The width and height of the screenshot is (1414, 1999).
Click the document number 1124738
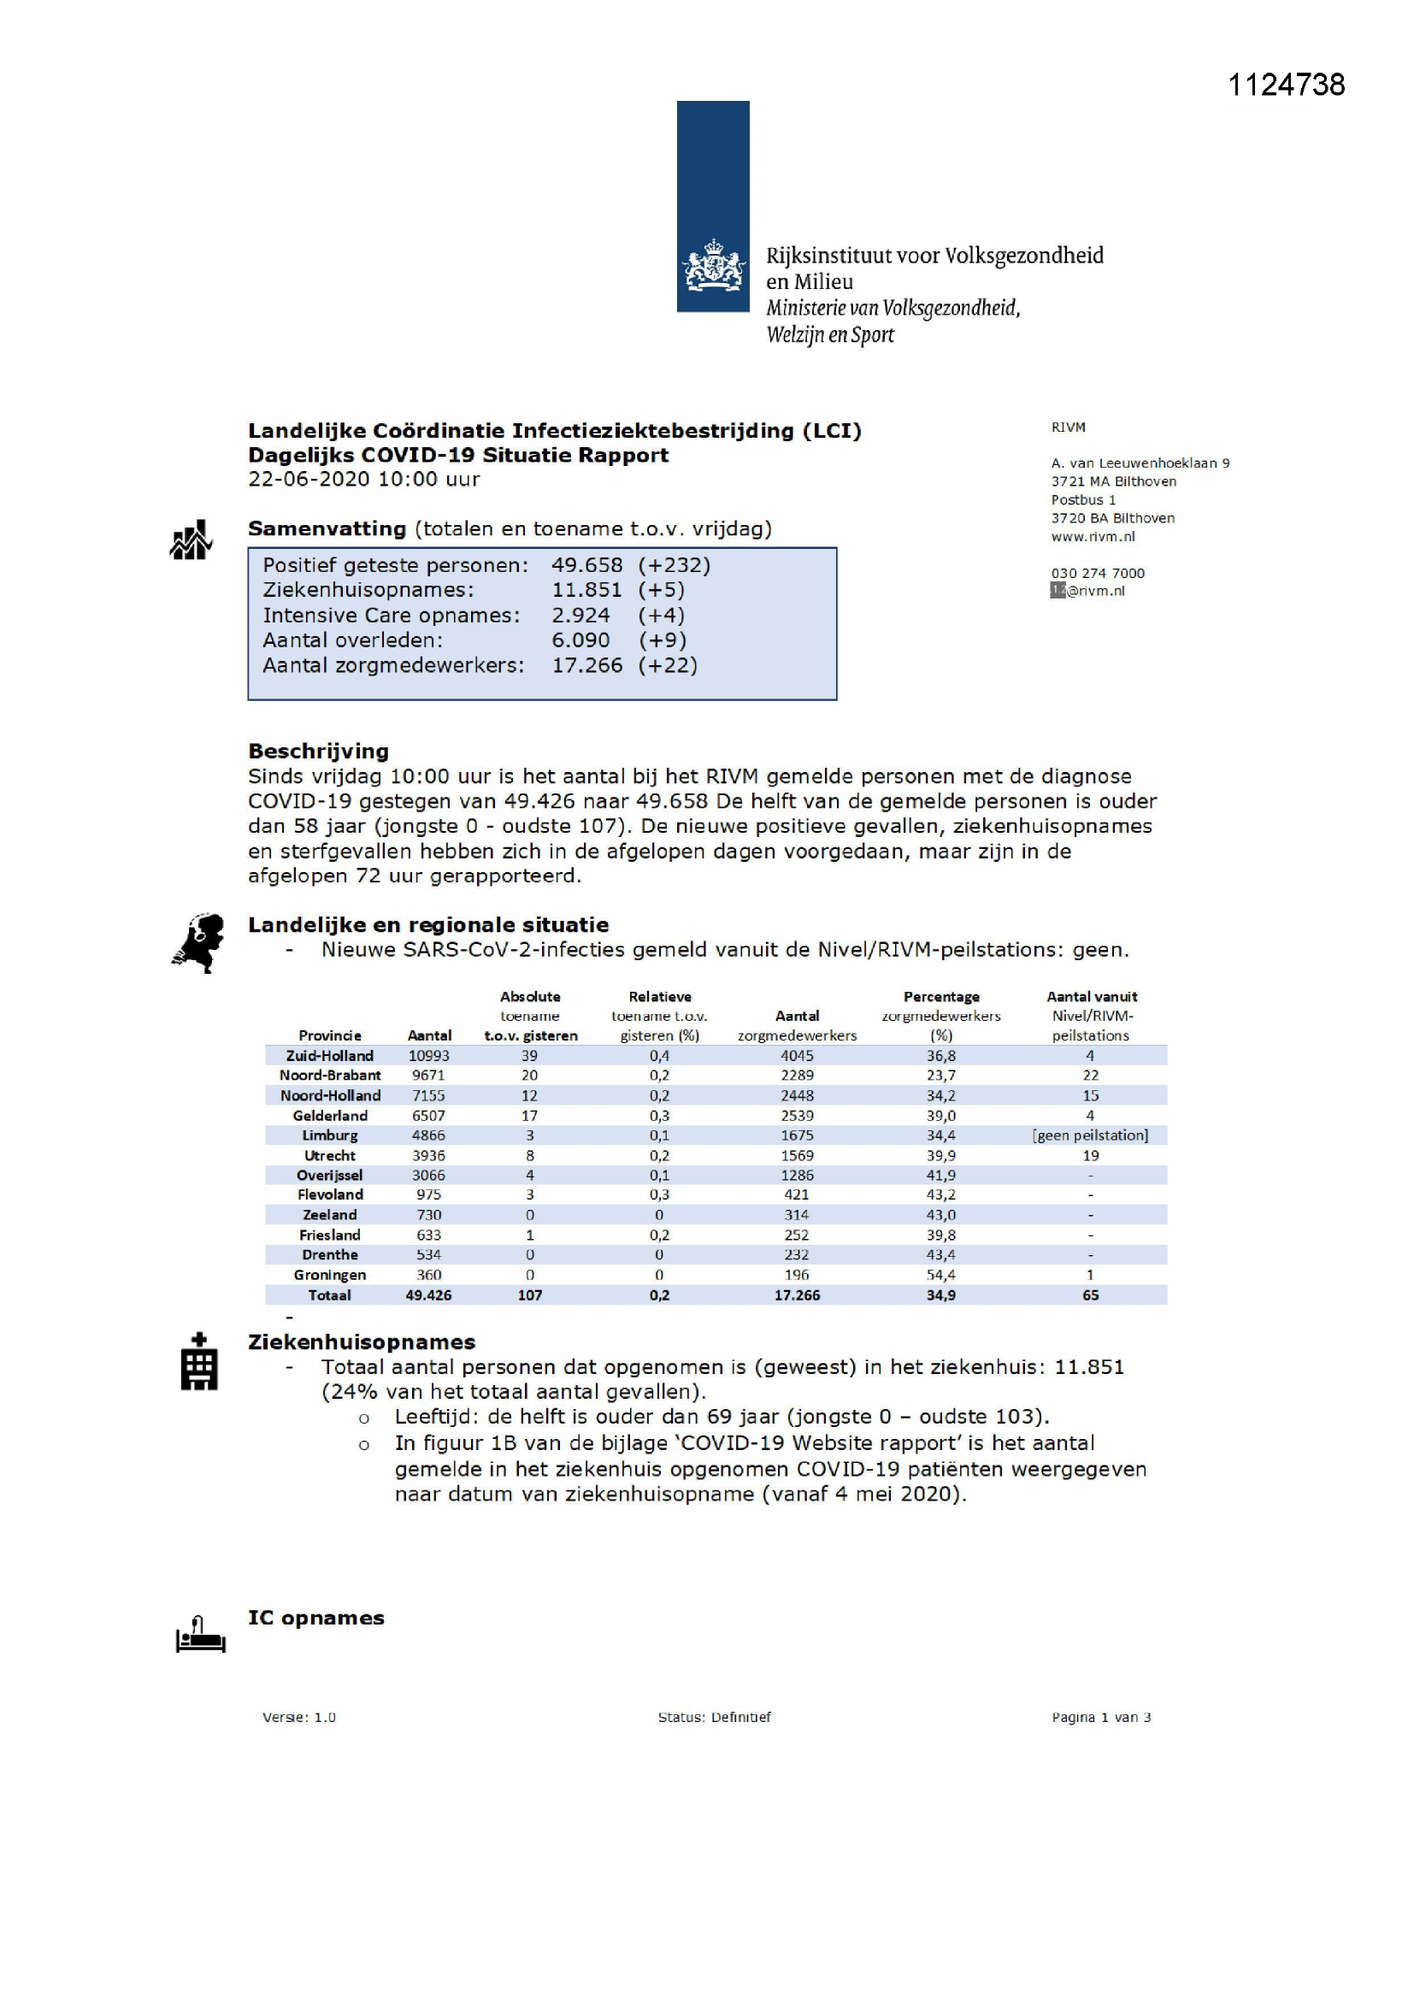tap(1285, 85)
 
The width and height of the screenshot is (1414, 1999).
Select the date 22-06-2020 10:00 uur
tap(363, 480)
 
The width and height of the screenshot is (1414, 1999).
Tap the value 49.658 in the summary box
tap(586, 565)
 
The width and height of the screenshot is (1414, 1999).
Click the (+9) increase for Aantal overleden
tap(662, 640)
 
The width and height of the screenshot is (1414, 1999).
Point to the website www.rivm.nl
tap(1093, 536)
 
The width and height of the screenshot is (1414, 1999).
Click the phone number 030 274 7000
tap(1097, 573)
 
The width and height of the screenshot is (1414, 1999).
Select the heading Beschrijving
tap(318, 751)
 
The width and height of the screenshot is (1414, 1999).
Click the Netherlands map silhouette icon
tap(198, 943)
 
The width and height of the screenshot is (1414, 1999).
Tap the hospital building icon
tap(198, 1362)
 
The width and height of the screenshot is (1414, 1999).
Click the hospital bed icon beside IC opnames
tap(200, 1634)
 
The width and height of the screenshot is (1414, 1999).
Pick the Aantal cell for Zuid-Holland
tap(428, 1055)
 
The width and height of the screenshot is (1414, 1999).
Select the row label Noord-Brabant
tap(330, 1076)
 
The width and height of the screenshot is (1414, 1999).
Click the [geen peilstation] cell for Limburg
tap(1090, 1135)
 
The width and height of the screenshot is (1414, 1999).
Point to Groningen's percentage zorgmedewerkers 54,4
tap(940, 1275)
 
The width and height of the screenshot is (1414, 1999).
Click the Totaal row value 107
tap(529, 1295)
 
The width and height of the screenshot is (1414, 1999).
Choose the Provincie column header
tap(329, 1035)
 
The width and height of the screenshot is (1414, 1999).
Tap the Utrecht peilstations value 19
tap(1090, 1155)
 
